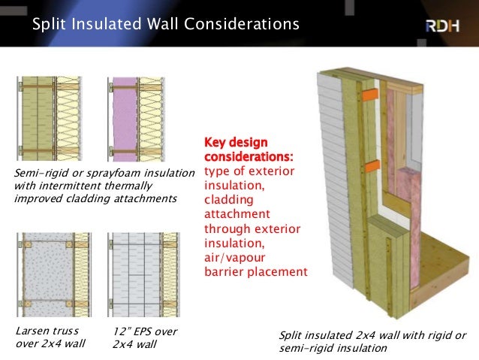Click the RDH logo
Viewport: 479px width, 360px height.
coord(444,25)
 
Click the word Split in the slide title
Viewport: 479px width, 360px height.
coord(49,25)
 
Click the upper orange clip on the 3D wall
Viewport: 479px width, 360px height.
coord(367,95)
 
